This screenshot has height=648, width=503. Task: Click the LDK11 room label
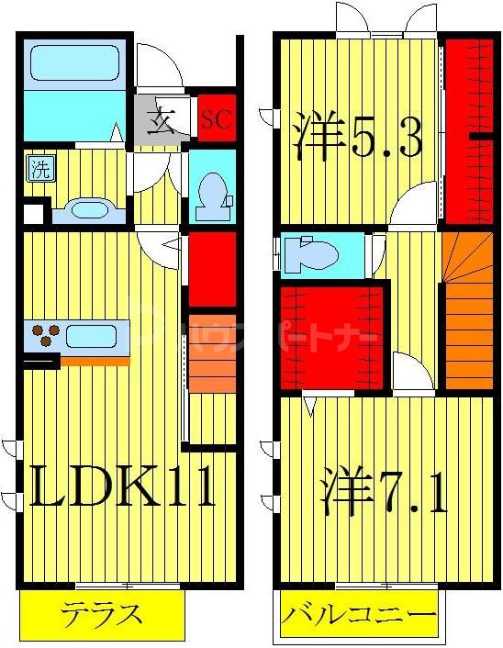pos(123,486)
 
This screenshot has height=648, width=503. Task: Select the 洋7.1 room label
pos(384,494)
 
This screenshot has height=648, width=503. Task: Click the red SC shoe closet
pos(216,118)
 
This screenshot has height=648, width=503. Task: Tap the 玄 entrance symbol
pos(162,120)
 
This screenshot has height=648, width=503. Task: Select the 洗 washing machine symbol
pos(39,169)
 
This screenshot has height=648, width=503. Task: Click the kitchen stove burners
pos(44,335)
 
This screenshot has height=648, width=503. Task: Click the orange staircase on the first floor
pos(211,367)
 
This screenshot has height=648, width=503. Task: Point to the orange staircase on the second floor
pos(467,312)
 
